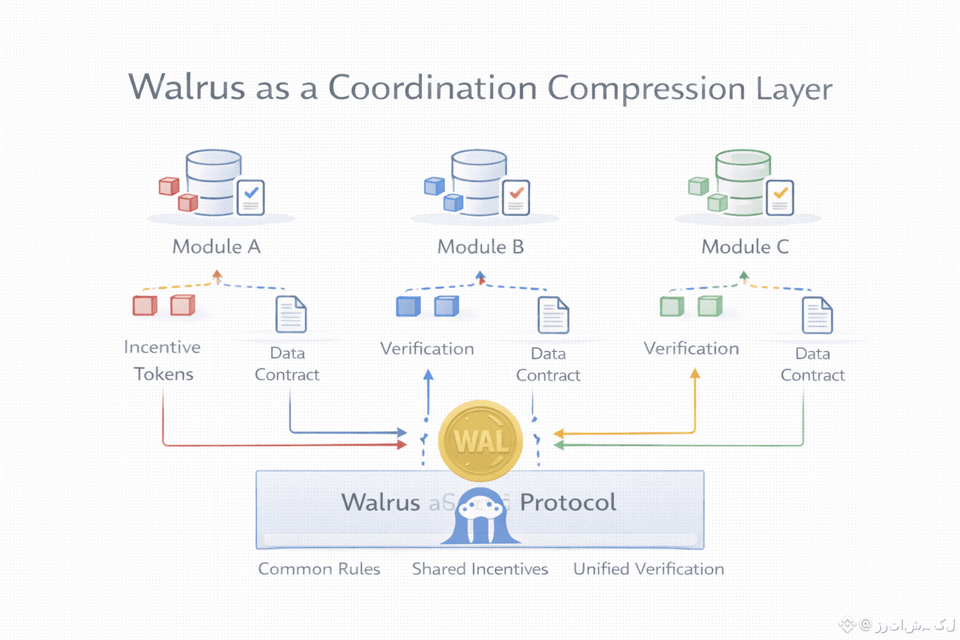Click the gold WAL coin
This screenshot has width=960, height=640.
coord(481,441)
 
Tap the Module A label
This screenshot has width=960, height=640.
coord(216,247)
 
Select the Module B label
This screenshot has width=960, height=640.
coord(481,247)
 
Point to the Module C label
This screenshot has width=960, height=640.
coord(745,247)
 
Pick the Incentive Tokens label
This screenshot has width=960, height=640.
coord(162,361)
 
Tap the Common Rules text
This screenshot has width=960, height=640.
coord(319,569)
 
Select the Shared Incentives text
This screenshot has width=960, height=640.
coord(480,569)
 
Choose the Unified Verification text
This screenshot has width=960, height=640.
coord(649,569)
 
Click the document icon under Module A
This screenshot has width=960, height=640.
coord(291,314)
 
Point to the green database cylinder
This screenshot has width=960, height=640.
coord(742,182)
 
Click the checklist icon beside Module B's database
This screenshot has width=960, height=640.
coord(516,197)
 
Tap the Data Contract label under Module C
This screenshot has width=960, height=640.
coord(812,364)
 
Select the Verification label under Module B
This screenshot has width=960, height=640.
coord(427,349)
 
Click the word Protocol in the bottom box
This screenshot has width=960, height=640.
coord(568,502)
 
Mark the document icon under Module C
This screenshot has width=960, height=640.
coord(817,315)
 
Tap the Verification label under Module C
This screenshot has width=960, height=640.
coord(691,349)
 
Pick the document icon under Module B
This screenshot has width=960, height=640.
coord(553,315)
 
